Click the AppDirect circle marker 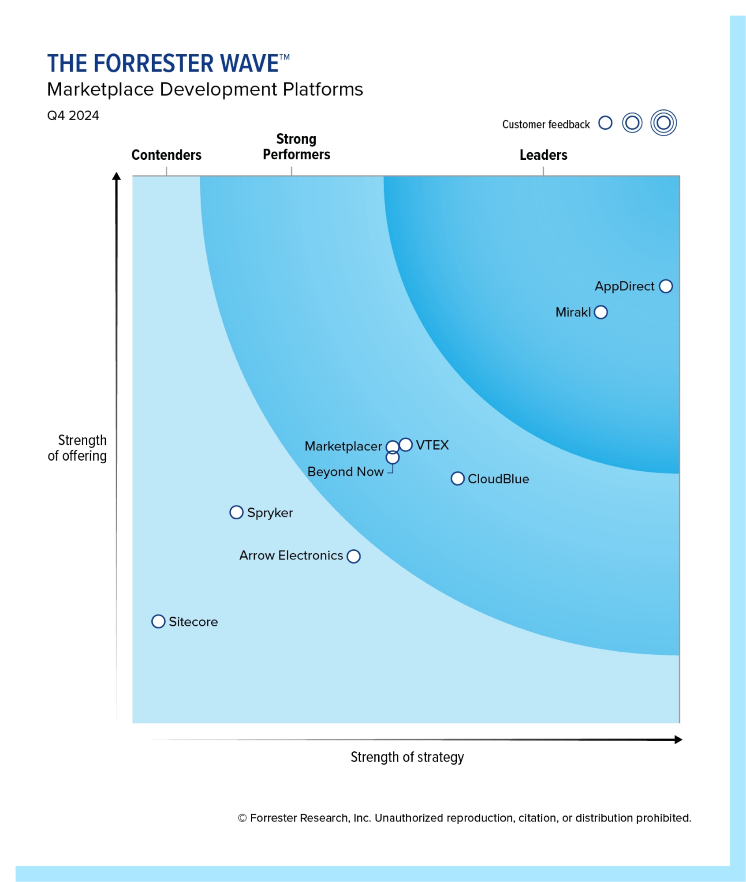click(666, 286)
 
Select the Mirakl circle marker click(601, 312)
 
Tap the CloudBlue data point click(458, 479)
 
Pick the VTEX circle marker click(406, 445)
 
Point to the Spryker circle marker click(236, 512)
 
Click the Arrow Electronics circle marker click(354, 556)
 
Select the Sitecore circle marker click(158, 622)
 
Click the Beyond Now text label click(345, 472)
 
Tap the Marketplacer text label click(343, 447)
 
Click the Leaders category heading click(543, 155)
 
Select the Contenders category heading click(166, 155)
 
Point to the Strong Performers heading click(296, 147)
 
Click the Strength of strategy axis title click(407, 757)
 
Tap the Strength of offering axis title click(78, 448)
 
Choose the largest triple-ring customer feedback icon click(663, 123)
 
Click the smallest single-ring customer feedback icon click(605, 123)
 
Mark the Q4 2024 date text click(73, 116)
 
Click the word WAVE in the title click(250, 64)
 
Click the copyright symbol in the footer click(242, 818)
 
